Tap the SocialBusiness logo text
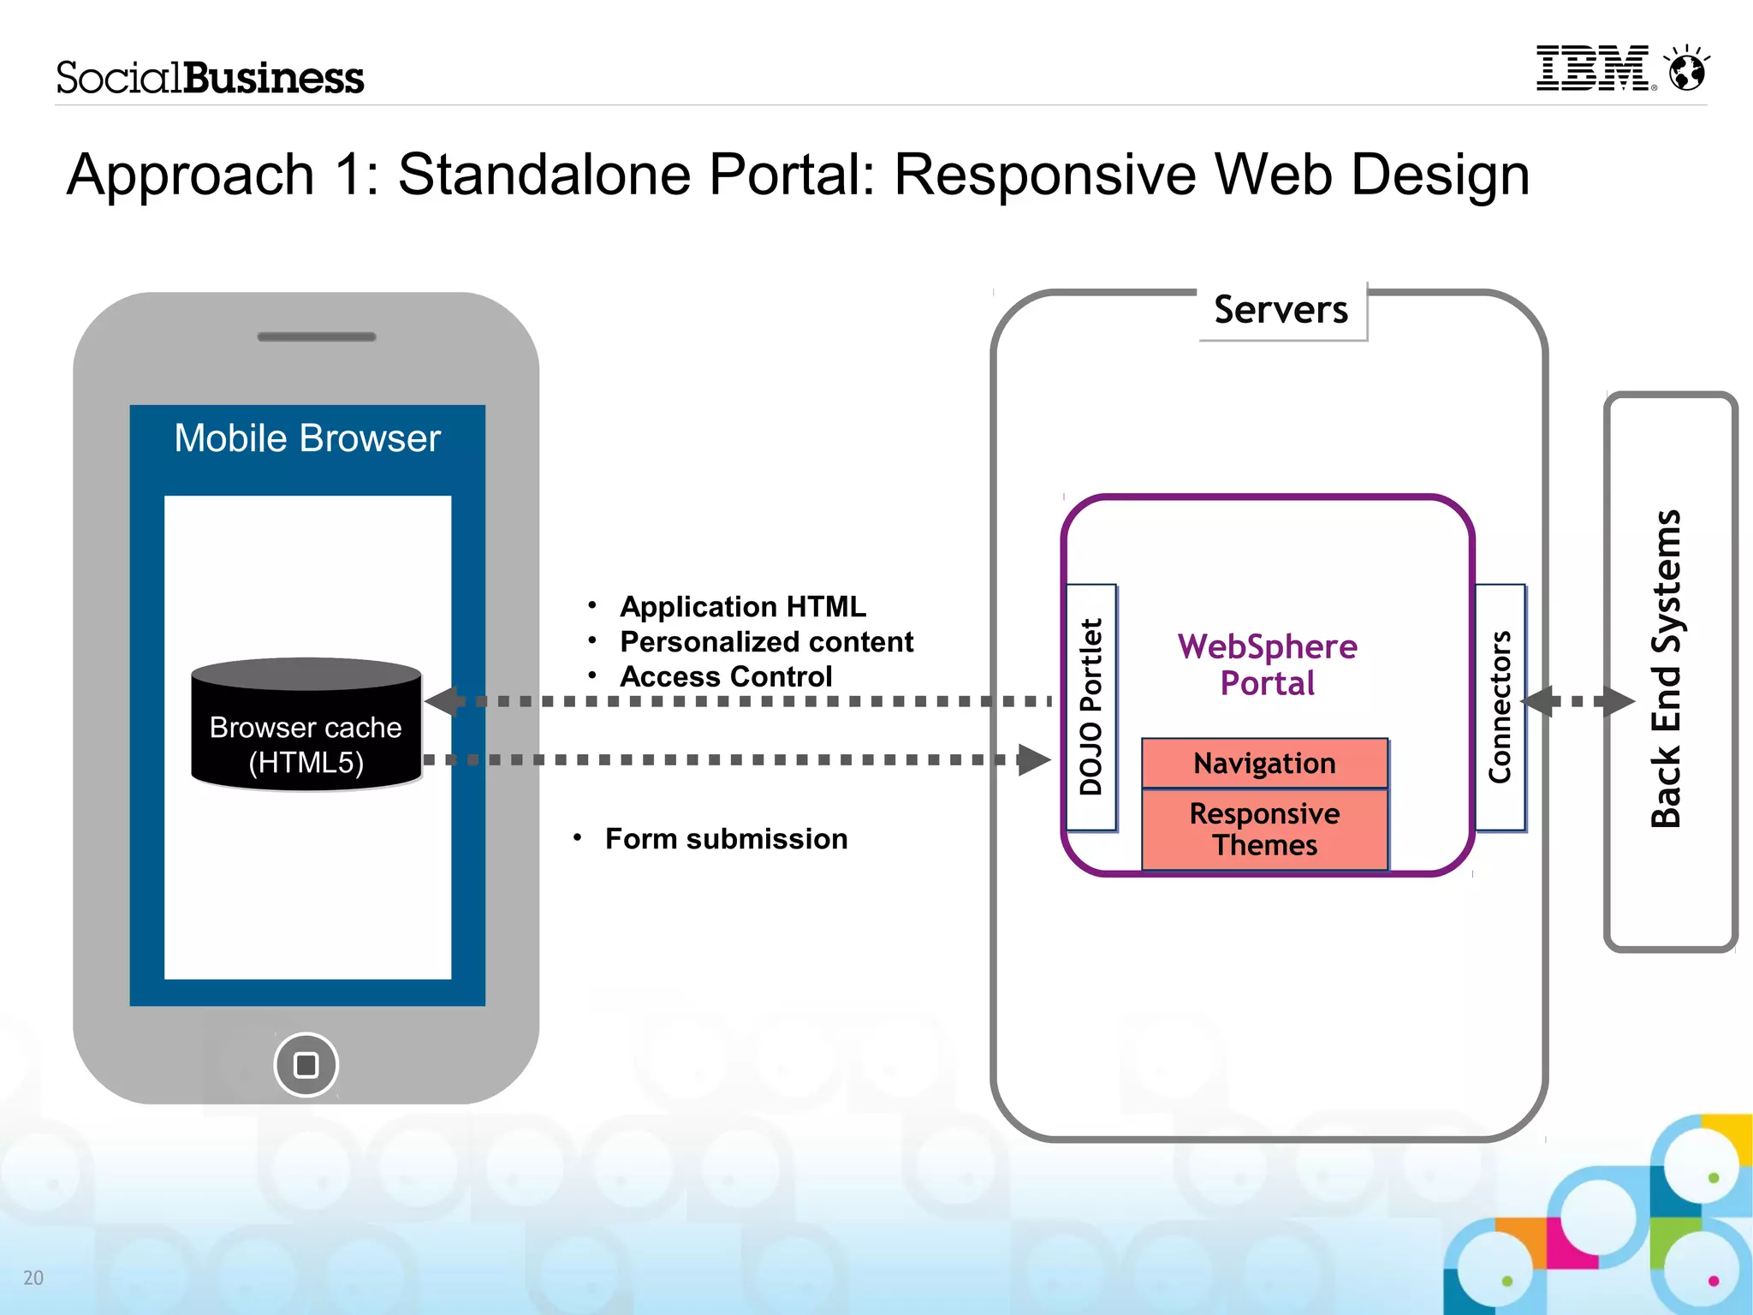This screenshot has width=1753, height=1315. coord(210,78)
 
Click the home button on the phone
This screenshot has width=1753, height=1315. coord(306,1065)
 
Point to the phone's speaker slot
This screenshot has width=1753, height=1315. coord(317,336)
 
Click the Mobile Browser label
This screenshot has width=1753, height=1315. coord(307,438)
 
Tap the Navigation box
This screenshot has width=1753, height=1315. coord(1264,763)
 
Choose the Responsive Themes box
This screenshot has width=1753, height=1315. coord(1264,829)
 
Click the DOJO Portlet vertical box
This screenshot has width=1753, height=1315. coord(1091,707)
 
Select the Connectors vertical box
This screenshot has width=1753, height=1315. coord(1500,707)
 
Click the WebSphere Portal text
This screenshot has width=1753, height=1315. coord(1268,664)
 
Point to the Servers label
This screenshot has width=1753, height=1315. coord(1281,310)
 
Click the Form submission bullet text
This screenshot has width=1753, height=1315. coord(726,839)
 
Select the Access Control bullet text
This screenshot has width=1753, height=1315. coord(725,677)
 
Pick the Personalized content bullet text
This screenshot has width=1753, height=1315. coord(766,642)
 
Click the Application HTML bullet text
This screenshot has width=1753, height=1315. coord(742,607)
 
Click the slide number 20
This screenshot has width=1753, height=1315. coord(33,1277)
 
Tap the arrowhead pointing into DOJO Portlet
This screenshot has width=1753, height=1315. coord(1034,759)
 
